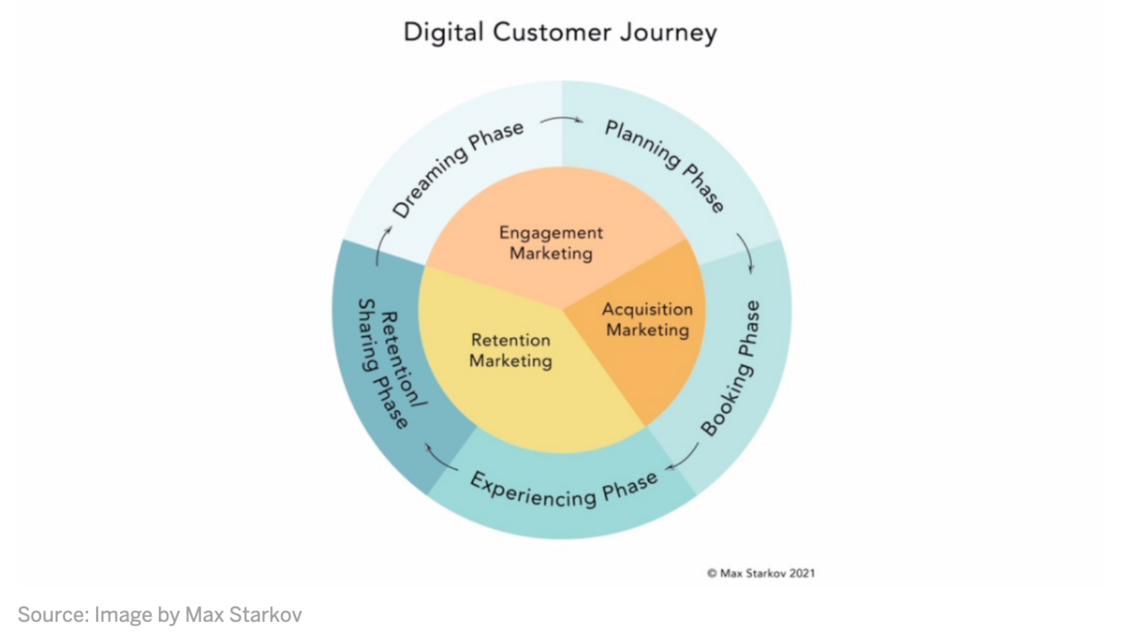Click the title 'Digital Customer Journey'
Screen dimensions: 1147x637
point(560,32)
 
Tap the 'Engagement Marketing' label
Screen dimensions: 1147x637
point(552,243)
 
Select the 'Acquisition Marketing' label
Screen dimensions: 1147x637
point(648,319)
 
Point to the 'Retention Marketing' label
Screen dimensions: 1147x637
point(511,351)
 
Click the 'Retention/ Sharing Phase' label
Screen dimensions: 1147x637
point(391,363)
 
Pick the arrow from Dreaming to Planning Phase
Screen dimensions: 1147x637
point(562,118)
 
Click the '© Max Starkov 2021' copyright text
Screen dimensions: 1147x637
point(761,573)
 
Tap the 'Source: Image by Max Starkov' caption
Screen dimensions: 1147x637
point(160,615)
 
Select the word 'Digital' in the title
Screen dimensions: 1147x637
point(443,32)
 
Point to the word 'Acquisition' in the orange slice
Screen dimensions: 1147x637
point(648,309)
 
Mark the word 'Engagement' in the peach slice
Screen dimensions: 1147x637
point(552,233)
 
